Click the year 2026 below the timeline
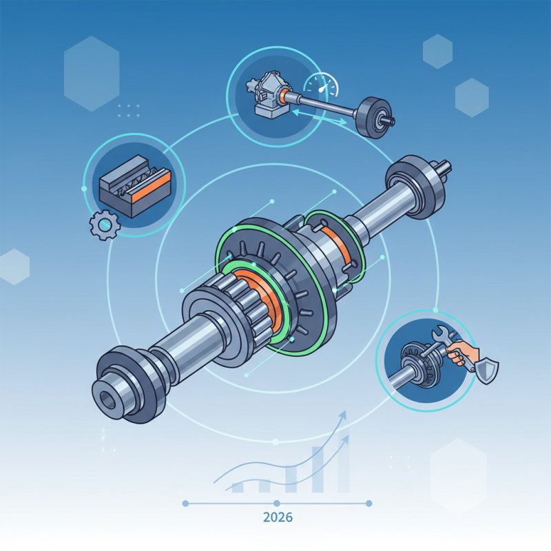(x=275, y=517)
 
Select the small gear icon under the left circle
(x=102, y=225)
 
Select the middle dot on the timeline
(x=276, y=503)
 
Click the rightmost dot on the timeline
(x=368, y=503)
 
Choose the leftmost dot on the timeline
(x=185, y=503)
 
